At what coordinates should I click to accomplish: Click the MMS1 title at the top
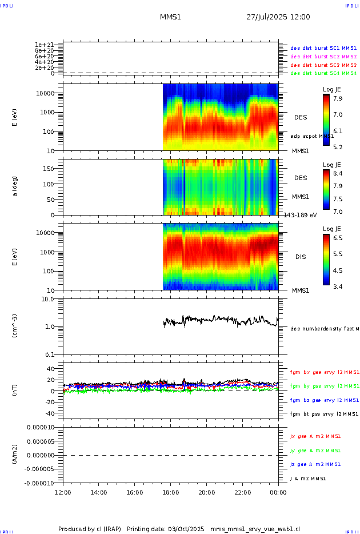(x=170, y=17)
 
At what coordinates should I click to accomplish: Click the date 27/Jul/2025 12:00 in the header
(x=278, y=17)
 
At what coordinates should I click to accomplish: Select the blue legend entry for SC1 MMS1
(x=323, y=49)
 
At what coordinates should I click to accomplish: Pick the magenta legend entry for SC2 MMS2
(x=323, y=57)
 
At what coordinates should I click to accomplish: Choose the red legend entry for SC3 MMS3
(x=323, y=65)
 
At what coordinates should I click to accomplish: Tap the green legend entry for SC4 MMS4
(x=323, y=73)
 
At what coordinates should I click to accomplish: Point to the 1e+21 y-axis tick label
(x=44, y=45)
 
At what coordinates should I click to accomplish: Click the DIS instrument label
(x=301, y=257)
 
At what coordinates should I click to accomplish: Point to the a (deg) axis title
(x=15, y=186)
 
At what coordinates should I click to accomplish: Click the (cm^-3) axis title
(x=15, y=326)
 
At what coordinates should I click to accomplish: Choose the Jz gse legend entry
(x=316, y=464)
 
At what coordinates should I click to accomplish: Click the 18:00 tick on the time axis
(x=171, y=492)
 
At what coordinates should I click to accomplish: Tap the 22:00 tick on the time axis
(x=242, y=492)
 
